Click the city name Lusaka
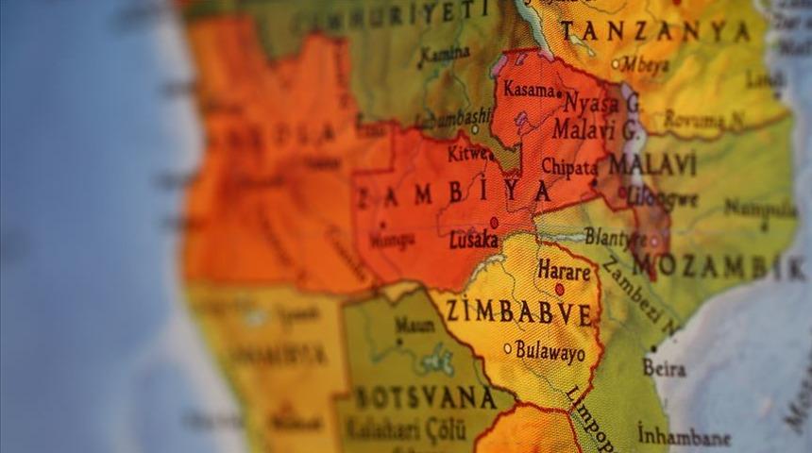474,240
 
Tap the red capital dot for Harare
560,290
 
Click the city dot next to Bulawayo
507,348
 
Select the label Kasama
529,91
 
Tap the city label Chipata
568,166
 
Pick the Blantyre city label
615,237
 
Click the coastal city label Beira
664,367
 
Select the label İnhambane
684,437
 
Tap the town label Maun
414,325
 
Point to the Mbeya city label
646,64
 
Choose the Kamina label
445,54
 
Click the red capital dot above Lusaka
493,223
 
